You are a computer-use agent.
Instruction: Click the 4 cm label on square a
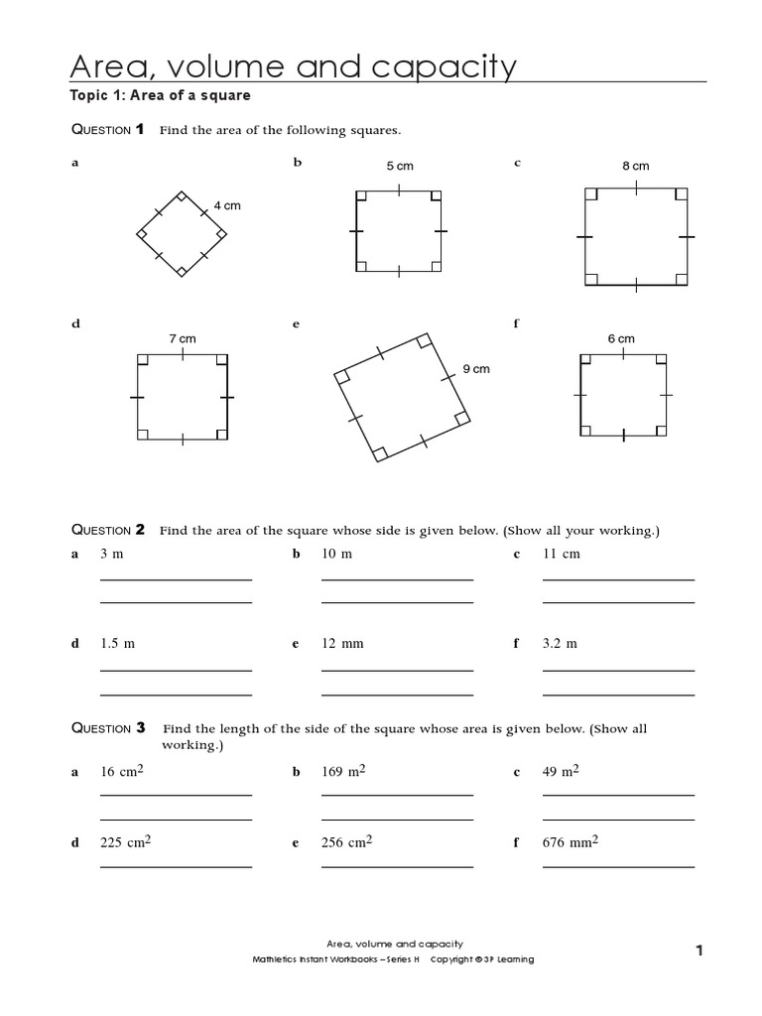tap(227, 205)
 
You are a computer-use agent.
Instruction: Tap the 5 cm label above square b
tap(400, 166)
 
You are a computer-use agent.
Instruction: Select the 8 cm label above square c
tap(635, 166)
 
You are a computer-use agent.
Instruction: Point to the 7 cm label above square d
tap(183, 338)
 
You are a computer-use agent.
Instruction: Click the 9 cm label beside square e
tap(476, 369)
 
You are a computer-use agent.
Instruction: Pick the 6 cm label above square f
tap(621, 338)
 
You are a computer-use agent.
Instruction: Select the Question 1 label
tap(108, 130)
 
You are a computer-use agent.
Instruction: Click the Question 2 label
tap(108, 530)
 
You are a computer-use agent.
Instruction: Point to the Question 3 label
tap(108, 728)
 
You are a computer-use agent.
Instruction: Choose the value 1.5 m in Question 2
tap(117, 644)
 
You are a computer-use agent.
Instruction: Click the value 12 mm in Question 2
tap(343, 644)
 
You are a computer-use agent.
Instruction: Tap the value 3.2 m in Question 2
tap(560, 644)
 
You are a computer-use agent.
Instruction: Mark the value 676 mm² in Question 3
tap(571, 842)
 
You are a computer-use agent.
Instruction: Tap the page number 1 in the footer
tap(698, 951)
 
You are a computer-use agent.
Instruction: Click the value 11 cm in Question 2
tap(562, 554)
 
